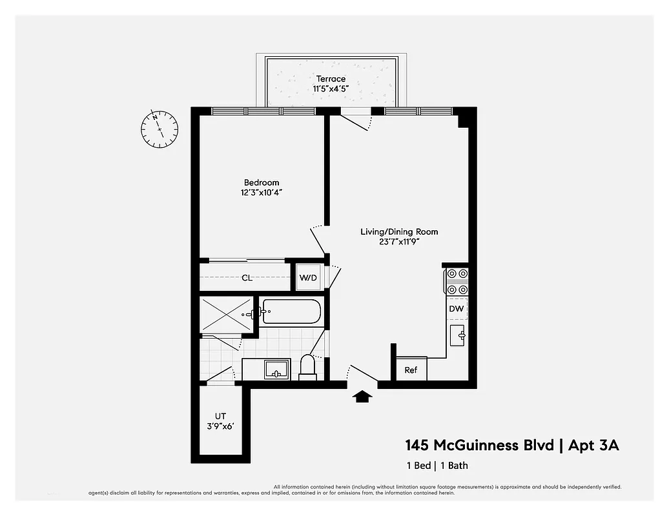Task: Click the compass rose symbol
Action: coord(159,128)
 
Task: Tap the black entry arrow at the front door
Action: coord(363,396)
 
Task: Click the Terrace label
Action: coord(331,79)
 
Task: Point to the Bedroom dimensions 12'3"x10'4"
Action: coord(262,192)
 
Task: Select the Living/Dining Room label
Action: coord(399,232)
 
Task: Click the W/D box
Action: coord(307,278)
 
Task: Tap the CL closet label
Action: coord(247,278)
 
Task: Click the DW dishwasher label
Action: coord(457,309)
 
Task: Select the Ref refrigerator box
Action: coord(411,370)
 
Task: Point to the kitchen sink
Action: coord(458,335)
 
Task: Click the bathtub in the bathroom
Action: coord(291,312)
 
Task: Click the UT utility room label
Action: coord(220,416)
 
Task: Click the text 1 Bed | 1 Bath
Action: coord(437,465)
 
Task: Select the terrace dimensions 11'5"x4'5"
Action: coord(331,89)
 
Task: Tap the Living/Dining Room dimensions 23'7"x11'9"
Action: coord(399,242)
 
